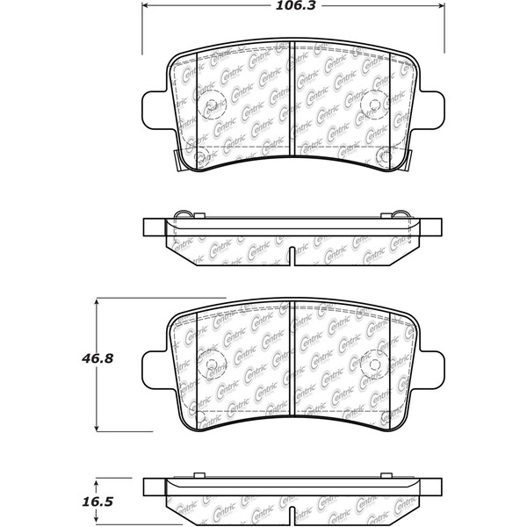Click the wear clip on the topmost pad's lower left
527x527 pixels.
(x=178, y=160)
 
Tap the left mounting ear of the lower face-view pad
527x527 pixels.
(x=155, y=366)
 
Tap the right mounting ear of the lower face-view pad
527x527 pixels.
(x=428, y=366)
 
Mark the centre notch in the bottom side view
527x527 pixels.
(x=291, y=515)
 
